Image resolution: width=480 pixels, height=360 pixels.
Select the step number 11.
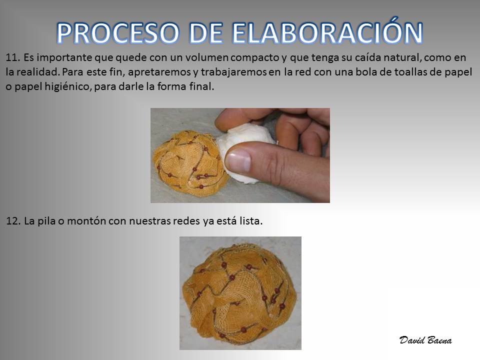pos(12,57)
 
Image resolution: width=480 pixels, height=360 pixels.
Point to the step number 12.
pos(13,220)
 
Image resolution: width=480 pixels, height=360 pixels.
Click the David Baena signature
pos(425,340)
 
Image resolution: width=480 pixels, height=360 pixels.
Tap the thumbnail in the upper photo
pos(239,160)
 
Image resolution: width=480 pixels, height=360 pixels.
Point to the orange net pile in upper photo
pos(190,160)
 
